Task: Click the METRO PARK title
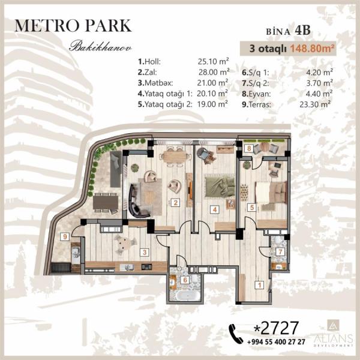click(x=73, y=26)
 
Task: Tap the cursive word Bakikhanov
click(x=100, y=46)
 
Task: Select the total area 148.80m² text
click(x=312, y=49)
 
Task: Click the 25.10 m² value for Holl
click(x=213, y=61)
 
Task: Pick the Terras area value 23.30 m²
click(x=315, y=104)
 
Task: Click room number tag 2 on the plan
click(x=176, y=203)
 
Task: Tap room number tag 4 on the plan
click(x=215, y=209)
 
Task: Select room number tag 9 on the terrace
click(x=65, y=236)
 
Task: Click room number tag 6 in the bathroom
click(x=185, y=280)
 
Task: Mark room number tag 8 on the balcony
click(x=249, y=148)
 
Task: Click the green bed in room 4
click(x=220, y=185)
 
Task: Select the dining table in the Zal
click(x=175, y=157)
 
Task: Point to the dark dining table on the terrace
click(x=106, y=203)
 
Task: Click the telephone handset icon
click(x=236, y=334)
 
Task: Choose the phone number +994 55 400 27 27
click(x=276, y=342)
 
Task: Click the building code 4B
click(x=303, y=31)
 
